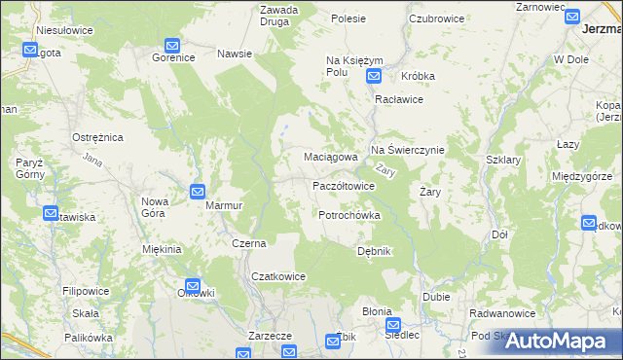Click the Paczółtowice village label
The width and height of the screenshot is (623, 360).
(x=343, y=186)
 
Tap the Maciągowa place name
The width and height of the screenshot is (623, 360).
(x=318, y=157)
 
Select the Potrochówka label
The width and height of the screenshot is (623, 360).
(x=348, y=215)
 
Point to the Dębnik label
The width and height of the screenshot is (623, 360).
(x=374, y=251)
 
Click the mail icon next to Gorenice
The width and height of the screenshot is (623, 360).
(x=172, y=45)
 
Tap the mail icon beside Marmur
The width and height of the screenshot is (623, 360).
(x=198, y=192)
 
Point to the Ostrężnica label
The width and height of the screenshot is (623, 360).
(x=97, y=138)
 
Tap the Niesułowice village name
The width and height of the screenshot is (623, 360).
(x=64, y=30)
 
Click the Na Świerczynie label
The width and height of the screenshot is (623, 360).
(x=407, y=151)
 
